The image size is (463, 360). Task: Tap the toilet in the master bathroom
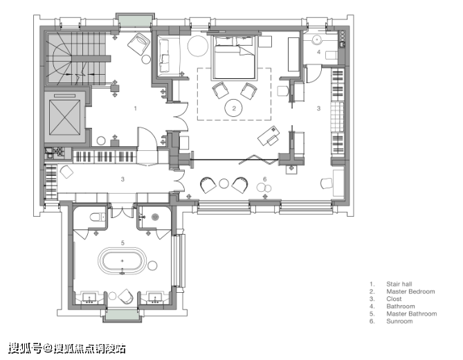(x=97, y=217)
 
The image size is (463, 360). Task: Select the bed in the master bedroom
(x=233, y=57)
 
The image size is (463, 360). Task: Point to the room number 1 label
(x=135, y=109)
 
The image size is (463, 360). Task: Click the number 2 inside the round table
(x=234, y=109)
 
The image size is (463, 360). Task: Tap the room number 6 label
(x=264, y=179)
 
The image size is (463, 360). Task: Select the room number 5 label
(x=122, y=243)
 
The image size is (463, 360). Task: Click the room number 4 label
(x=318, y=52)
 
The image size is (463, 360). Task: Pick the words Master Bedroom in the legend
(x=410, y=291)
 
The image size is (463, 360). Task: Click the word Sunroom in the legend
(x=399, y=321)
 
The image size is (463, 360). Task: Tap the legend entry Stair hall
(x=399, y=284)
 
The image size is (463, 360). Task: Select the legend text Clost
(x=394, y=299)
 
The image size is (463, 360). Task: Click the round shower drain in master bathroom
(x=155, y=217)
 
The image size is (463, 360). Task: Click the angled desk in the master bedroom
(x=269, y=136)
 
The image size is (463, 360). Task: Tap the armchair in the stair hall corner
(x=139, y=44)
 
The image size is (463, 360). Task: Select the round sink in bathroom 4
(x=316, y=39)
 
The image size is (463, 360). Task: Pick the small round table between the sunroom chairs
(x=224, y=183)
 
